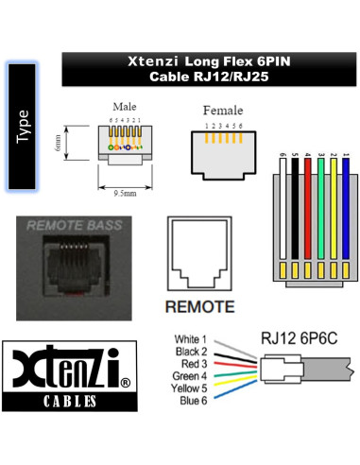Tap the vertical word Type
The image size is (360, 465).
23,125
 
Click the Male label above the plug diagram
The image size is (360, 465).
123,107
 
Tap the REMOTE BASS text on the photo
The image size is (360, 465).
69,226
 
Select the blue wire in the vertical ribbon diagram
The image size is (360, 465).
346,213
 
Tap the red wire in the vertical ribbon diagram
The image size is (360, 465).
309,213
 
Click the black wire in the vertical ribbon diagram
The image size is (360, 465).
296,213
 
